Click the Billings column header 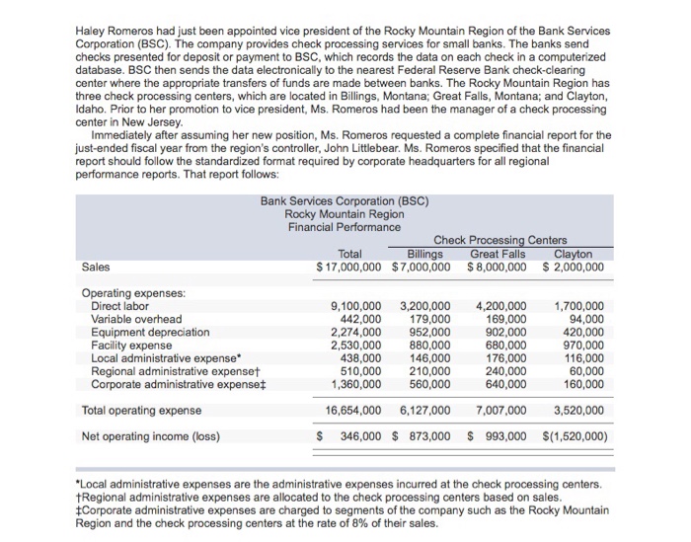pos(424,253)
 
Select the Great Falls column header pos(497,253)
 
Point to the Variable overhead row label pos(136,319)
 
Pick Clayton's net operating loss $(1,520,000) pos(576,435)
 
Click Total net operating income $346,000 pos(355,435)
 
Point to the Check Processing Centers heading pos(500,240)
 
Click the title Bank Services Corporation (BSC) pos(345,200)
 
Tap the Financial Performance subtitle pos(345,227)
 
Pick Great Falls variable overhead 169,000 pos(504,319)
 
